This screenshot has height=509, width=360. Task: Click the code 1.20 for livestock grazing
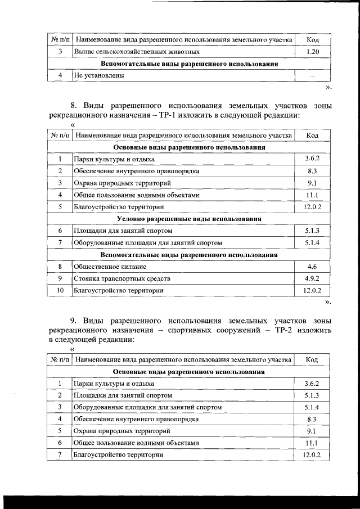(x=313, y=52)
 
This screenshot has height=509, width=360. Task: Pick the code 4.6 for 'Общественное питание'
(x=313, y=267)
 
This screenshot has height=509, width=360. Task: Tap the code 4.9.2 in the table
(x=313, y=278)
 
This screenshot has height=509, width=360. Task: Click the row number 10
(x=60, y=291)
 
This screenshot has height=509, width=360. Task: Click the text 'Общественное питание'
(x=110, y=267)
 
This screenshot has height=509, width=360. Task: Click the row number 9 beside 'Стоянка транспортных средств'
(x=60, y=278)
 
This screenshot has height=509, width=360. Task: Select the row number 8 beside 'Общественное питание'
(x=60, y=267)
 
